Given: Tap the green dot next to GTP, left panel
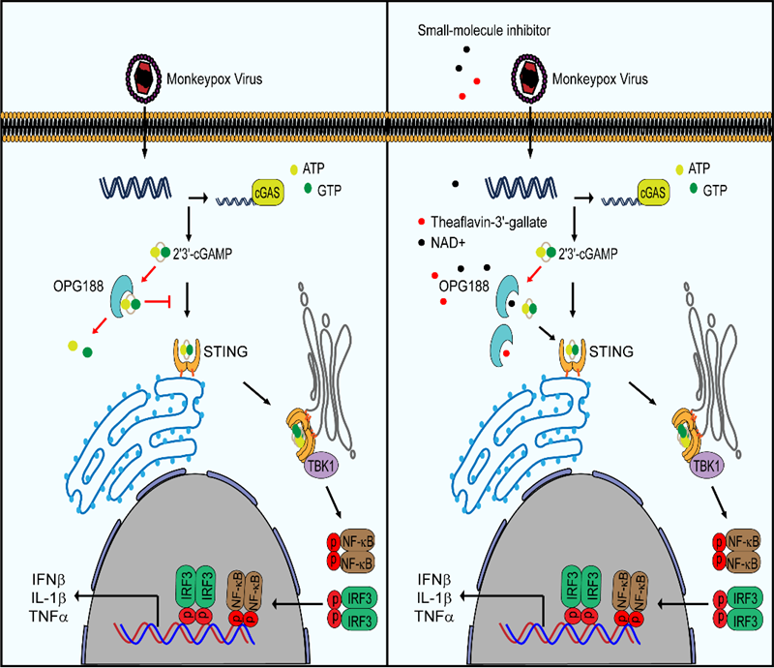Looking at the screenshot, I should [x=308, y=187].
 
